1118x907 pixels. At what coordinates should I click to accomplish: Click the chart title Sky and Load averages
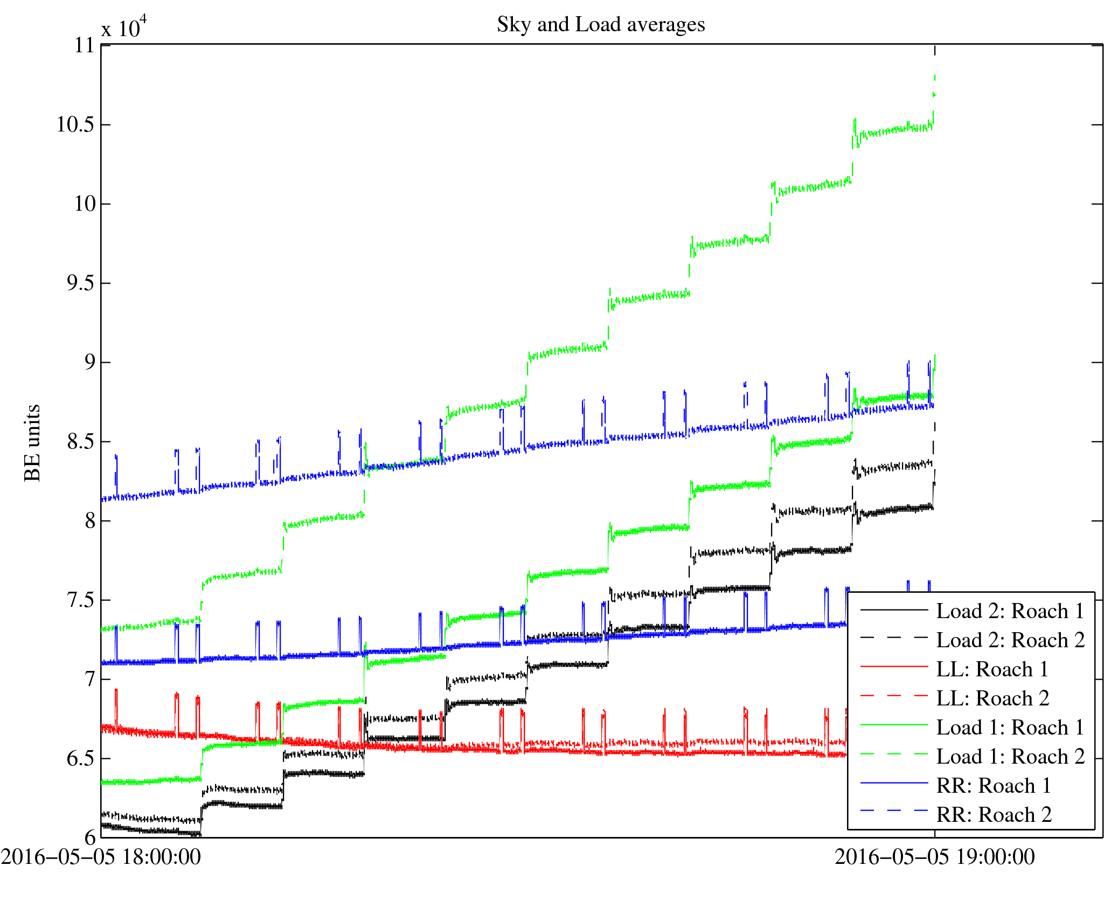coord(600,25)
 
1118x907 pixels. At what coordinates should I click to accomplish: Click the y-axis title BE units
coord(32,442)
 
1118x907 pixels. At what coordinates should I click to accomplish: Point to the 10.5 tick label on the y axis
coord(75,125)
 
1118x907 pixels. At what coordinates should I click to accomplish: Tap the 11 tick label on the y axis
coord(85,46)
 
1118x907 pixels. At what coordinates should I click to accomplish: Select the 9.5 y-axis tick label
coord(80,283)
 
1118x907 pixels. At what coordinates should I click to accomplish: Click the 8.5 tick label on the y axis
coord(80,442)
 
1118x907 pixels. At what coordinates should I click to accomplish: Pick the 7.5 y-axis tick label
coord(80,600)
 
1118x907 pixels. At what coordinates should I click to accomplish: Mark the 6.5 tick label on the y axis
coord(80,759)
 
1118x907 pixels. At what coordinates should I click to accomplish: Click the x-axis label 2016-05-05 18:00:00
coord(101,857)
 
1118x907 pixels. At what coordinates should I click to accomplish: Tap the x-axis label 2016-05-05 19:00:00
coord(934,857)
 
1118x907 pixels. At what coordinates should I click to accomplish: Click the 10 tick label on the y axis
coord(85,204)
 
